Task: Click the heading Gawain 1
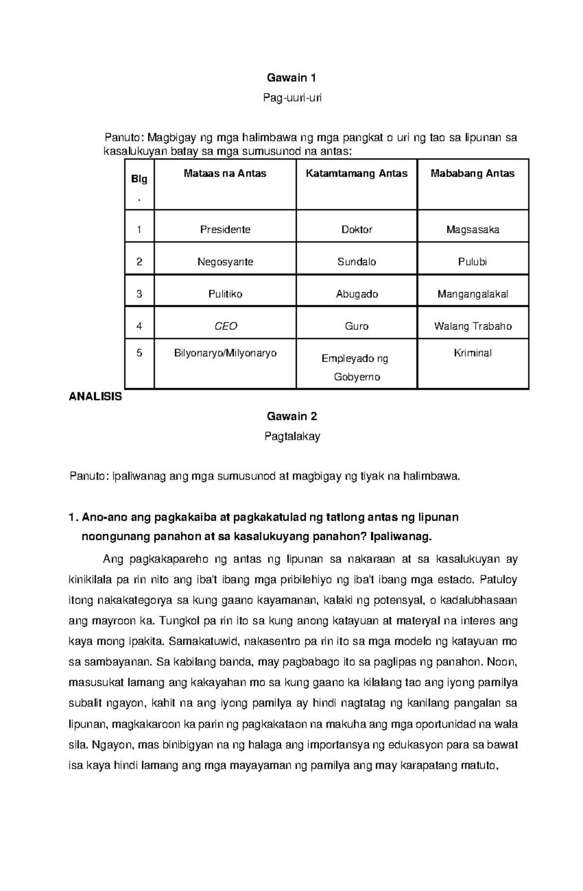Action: click(292, 78)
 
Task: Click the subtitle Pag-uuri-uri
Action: click(292, 98)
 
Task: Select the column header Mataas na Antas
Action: click(225, 174)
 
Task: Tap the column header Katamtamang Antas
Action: click(357, 174)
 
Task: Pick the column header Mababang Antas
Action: click(473, 174)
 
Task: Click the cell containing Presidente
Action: click(225, 230)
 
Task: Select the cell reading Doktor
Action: click(357, 230)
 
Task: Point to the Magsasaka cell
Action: click(473, 230)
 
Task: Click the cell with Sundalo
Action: click(357, 262)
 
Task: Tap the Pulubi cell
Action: click(473, 262)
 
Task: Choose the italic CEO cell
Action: click(225, 326)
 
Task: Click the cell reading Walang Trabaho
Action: click(473, 326)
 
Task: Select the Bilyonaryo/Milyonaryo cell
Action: click(225, 353)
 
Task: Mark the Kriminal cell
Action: click(473, 353)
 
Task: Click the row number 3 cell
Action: click(139, 294)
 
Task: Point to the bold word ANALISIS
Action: click(95, 397)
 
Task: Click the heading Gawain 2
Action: click(292, 416)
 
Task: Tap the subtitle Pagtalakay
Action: click(292, 437)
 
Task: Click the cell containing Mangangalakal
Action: click(473, 294)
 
